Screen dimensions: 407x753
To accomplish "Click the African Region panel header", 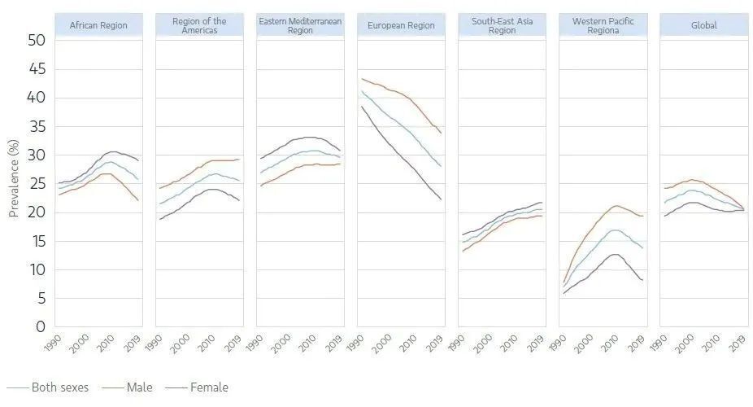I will click(x=98, y=25).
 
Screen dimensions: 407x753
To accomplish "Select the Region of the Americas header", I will click(x=199, y=25).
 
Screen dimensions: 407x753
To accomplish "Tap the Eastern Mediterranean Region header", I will click(x=300, y=25).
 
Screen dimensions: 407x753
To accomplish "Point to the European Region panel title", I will click(x=401, y=25).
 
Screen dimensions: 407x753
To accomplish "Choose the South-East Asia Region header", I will click(x=502, y=25).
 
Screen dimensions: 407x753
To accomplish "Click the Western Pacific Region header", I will click(x=603, y=25).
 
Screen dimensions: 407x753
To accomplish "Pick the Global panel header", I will click(x=703, y=25).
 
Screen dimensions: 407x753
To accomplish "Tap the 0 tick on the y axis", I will click(x=38, y=327).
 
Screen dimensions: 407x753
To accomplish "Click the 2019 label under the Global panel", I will click(x=737, y=343).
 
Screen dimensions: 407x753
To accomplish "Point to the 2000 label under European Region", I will click(x=383, y=343).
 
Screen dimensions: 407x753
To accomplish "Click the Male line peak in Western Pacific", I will click(x=616, y=206).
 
